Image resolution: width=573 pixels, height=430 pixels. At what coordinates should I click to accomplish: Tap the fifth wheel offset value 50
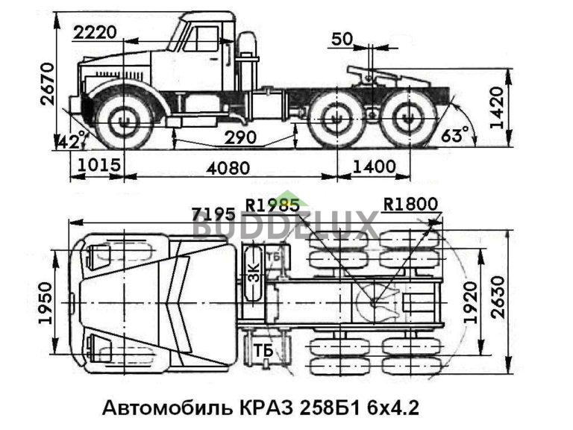point(342,38)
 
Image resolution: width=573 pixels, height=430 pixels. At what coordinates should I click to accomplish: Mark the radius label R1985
point(275,204)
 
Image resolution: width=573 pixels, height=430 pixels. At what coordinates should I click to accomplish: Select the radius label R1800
point(410,204)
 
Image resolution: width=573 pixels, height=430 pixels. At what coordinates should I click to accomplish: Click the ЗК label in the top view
point(253,275)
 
